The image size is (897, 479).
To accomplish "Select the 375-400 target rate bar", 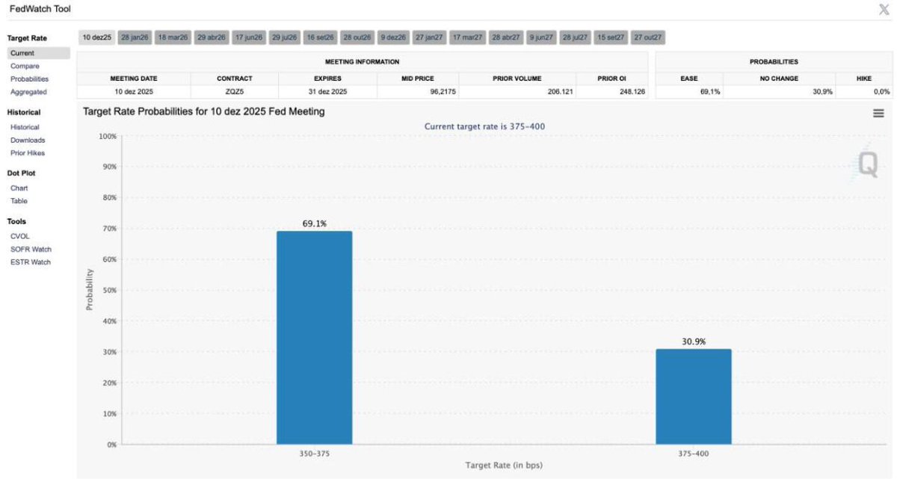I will pos(693,397).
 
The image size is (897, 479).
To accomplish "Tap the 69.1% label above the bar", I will pos(314,223).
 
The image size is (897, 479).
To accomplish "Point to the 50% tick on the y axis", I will pos(108,290).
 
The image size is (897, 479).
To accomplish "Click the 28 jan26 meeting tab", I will pos(135,37).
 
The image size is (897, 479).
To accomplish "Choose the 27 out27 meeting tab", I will pos(647,37).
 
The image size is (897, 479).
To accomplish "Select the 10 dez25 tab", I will pos(96,37).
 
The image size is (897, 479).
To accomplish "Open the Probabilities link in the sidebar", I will pos(29,78).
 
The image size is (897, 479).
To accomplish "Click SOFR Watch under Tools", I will pos(31,249).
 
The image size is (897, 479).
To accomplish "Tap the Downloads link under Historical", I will pos(28,140).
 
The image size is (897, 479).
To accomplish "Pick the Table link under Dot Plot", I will pos(19,201).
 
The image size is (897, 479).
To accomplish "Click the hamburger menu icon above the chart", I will pos(878,113).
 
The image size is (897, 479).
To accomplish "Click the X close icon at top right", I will pos(884,9).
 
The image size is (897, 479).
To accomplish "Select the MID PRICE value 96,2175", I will pos(417,92).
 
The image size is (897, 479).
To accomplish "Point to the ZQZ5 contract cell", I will pos(235,92).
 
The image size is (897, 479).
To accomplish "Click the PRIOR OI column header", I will pos(611,78).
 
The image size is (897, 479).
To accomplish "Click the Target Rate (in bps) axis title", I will pos(503,466).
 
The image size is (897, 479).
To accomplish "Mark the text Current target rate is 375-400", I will pos(484,126).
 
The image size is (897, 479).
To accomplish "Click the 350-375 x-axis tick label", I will pos(314,453).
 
